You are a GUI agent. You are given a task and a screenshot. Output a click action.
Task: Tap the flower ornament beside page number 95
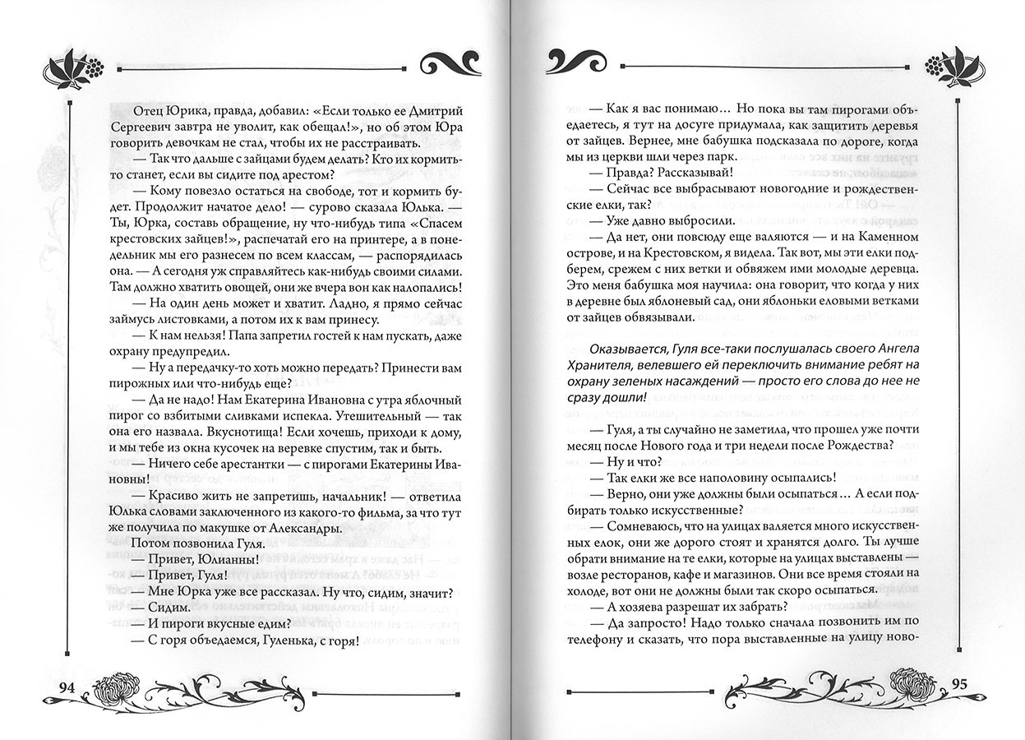pyautogui.click(x=917, y=682)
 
